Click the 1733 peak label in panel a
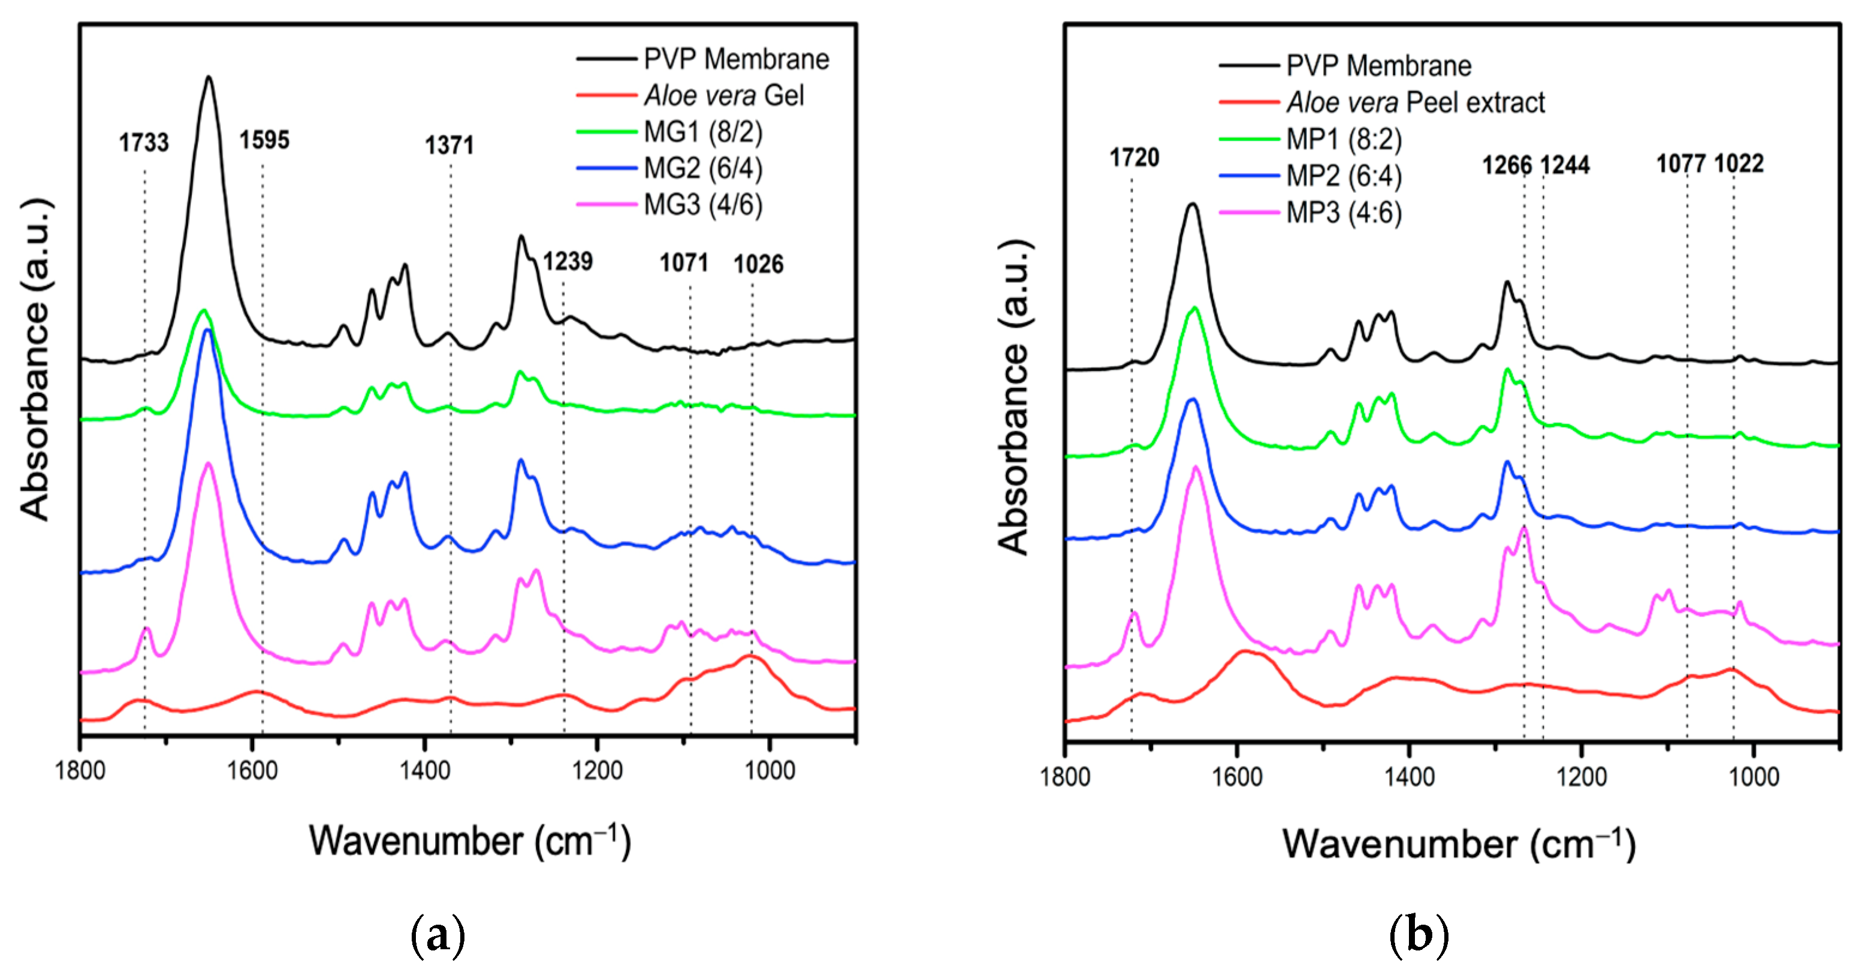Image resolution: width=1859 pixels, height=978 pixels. pos(144,143)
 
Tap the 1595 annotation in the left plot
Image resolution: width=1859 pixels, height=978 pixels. pos(264,140)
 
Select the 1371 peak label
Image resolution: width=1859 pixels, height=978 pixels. pos(449,146)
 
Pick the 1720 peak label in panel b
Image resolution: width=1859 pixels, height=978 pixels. pos(1134,158)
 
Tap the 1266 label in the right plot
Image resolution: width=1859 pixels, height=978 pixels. pos(1507,165)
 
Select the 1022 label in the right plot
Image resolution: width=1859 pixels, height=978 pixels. pos(1739,163)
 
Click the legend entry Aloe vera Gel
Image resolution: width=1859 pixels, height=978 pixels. pos(723,95)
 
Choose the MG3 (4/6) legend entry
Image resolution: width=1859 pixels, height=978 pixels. pos(702,205)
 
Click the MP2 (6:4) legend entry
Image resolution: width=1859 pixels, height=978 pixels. pos(1343,176)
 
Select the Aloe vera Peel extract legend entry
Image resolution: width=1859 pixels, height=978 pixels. pos(1414,102)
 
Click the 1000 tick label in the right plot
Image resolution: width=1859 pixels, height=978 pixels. pos(1754,777)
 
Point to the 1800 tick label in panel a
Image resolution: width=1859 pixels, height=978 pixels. pos(80,771)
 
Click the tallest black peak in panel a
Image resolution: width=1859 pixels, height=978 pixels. pos(209,78)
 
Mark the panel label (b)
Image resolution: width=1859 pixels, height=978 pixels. pos(1418,935)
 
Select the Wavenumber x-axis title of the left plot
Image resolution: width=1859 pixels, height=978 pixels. pos(470,841)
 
